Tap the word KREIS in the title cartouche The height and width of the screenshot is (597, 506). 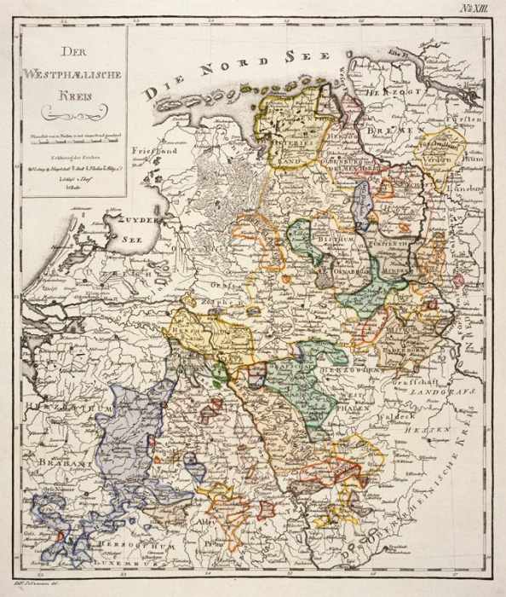(x=75, y=95)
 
